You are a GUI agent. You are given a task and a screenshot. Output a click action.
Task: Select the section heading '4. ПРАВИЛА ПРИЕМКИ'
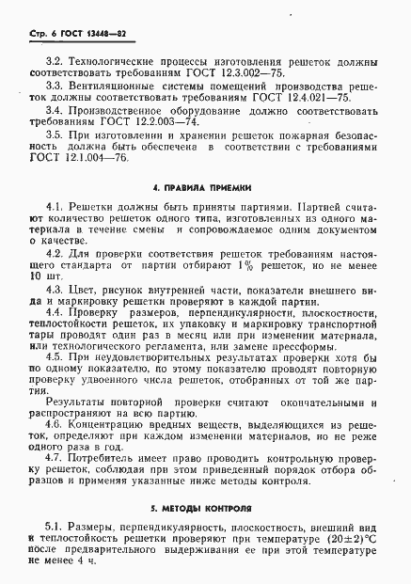206,184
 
